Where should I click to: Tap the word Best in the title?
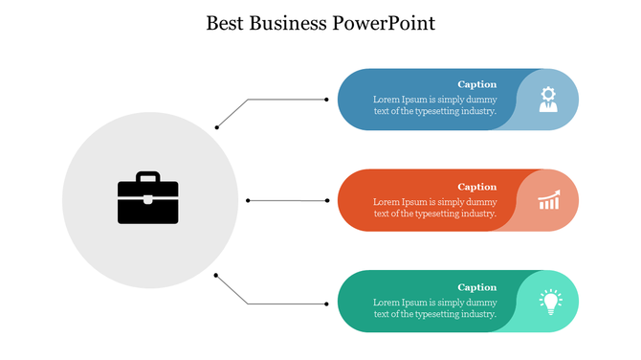tap(226, 23)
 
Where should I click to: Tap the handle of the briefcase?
tap(148, 177)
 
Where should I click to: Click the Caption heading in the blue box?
tap(476, 84)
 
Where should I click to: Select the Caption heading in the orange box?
tap(476, 187)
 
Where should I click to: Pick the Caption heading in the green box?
tap(476, 287)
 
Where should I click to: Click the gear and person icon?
tap(548, 100)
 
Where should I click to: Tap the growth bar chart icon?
tap(549, 200)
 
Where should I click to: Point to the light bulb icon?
tap(549, 302)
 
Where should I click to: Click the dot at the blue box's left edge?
tap(326, 100)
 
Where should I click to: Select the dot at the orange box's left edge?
tap(326, 201)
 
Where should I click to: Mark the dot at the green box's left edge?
tap(326, 304)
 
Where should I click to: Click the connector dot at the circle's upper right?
tap(217, 126)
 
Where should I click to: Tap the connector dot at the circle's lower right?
tap(216, 276)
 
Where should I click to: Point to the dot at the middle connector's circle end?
tap(248, 200)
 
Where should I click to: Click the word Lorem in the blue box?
tap(386, 100)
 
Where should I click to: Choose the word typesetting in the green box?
tap(433, 314)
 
